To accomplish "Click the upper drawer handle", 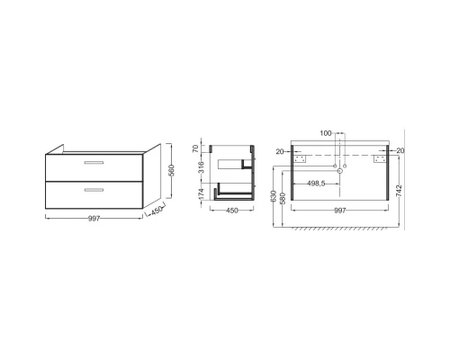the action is click(x=94, y=162).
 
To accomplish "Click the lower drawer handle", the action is click(x=94, y=190).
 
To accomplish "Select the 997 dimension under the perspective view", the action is click(x=94, y=219).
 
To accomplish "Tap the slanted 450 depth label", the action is click(x=157, y=211).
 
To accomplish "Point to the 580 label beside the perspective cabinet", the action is click(x=171, y=171).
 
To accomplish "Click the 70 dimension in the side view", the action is click(x=195, y=148).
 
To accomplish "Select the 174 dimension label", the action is click(x=201, y=193).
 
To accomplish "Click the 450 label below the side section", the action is click(x=232, y=211).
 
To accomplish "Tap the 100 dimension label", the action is click(x=326, y=133).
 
